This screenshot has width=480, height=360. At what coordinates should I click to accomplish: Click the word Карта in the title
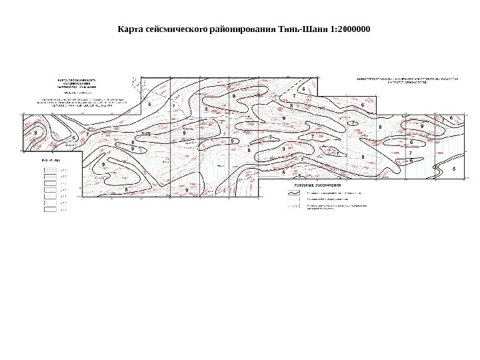131,30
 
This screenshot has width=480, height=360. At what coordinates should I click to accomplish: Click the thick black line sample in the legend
293,193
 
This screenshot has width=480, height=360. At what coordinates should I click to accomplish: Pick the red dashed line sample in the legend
293,207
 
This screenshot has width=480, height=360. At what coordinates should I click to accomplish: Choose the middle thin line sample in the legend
293,199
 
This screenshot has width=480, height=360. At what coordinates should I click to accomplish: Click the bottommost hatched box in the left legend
49,209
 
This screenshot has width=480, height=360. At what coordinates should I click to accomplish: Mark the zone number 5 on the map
299,175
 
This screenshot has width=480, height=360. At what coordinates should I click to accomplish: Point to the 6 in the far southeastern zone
454,169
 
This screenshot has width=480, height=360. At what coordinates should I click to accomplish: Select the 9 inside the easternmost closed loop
422,126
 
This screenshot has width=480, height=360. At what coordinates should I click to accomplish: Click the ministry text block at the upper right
405,79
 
